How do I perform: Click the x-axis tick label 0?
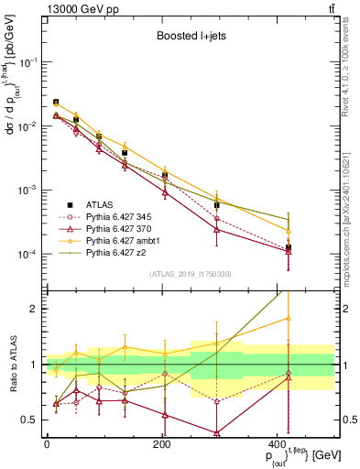[47, 444]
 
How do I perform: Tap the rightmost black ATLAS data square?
[314, 247]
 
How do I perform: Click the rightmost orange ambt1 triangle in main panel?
[314, 231]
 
